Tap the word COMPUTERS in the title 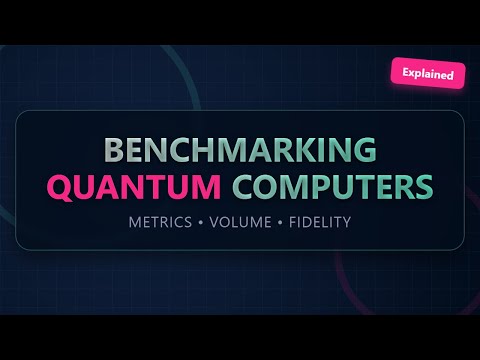334,187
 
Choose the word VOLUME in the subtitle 240,220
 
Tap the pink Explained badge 428,73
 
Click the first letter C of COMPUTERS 245,187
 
